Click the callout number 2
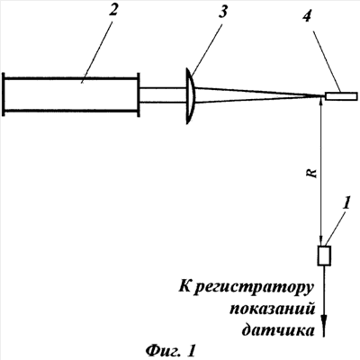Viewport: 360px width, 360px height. coord(113,11)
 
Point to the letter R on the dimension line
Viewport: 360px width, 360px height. coord(313,173)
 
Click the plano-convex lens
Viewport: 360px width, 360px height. coord(191,95)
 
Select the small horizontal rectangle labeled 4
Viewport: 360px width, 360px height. coord(341,96)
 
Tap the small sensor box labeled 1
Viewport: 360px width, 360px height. coord(324,256)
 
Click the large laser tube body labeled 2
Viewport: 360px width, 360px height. coord(71,94)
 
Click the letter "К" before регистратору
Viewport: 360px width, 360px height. coord(184,287)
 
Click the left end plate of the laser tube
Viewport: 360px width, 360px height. coord(4,94)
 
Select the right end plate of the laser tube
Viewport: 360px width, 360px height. coord(139,94)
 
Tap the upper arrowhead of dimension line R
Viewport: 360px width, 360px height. coord(321,103)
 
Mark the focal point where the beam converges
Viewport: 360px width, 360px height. coord(322,96)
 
